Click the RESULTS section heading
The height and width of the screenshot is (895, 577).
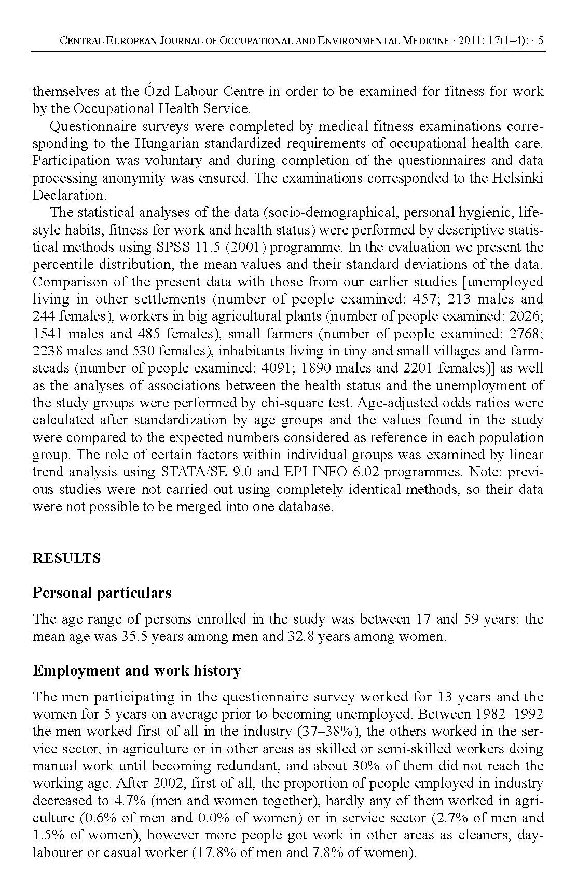tap(66, 559)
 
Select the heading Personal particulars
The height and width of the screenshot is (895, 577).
tap(102, 593)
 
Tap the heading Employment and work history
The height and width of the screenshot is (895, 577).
tap(137, 670)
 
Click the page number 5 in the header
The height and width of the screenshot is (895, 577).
tap(541, 41)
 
